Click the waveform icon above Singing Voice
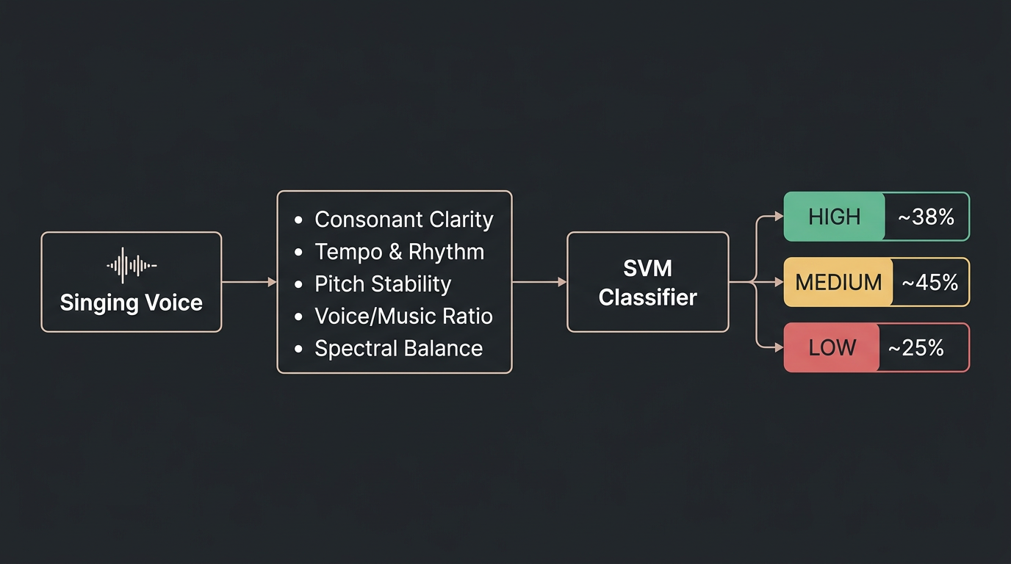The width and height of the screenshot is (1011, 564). click(x=132, y=265)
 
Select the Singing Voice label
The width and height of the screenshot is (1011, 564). click(x=132, y=303)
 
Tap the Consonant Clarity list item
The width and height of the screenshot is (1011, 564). click(x=403, y=220)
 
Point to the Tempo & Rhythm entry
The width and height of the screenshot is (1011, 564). click(x=399, y=252)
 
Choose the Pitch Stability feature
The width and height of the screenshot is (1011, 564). click(x=383, y=284)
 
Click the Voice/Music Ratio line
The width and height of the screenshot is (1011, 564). click(x=403, y=317)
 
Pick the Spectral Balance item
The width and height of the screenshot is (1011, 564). click(x=398, y=349)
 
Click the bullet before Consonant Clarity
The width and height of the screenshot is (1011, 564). click(x=298, y=220)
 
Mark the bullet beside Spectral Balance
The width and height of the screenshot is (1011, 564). click(x=298, y=350)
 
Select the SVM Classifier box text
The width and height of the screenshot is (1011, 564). click(x=647, y=283)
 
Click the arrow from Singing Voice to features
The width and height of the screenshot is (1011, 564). click(x=248, y=282)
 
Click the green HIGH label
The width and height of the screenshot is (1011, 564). click(x=834, y=217)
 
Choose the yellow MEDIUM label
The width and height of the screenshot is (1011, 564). click(x=838, y=282)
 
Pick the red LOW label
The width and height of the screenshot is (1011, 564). click(x=832, y=347)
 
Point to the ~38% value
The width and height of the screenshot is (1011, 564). click(x=926, y=217)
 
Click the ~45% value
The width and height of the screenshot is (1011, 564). click(x=929, y=282)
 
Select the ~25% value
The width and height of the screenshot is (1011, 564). click(x=915, y=347)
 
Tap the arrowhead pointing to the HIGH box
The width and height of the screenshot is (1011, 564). click(x=780, y=217)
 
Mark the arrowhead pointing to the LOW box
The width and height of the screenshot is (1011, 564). click(x=780, y=347)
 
